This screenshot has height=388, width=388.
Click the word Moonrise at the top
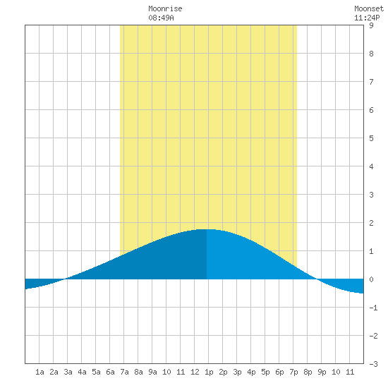pos(165,8)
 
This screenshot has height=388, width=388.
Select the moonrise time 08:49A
pos(161,18)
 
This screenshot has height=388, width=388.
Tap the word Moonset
pos(369,8)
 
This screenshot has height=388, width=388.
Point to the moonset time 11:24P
pos(367,18)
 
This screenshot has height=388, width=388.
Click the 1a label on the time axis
pos(40,372)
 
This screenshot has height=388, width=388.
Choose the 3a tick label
pos(68,372)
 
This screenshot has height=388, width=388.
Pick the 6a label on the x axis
pos(110,372)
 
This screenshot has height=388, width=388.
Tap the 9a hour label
pos(152,372)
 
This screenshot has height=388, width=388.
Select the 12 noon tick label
pos(195,372)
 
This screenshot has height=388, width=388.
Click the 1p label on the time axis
pos(209,372)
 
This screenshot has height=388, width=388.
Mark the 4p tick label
pos(251,372)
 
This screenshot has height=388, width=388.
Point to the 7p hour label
pos(293,372)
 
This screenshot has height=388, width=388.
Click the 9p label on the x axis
pos(322,372)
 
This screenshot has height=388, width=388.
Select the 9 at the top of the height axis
pos(371,25)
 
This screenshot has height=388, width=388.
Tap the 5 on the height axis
pos(371,138)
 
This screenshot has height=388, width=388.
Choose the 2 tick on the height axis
pos(371,223)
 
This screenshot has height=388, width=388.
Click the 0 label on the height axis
pos(371,279)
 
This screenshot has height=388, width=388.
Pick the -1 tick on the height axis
pos(373,308)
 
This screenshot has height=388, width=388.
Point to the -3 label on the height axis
pos(373,364)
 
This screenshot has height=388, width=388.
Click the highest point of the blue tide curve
pos(207,229)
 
